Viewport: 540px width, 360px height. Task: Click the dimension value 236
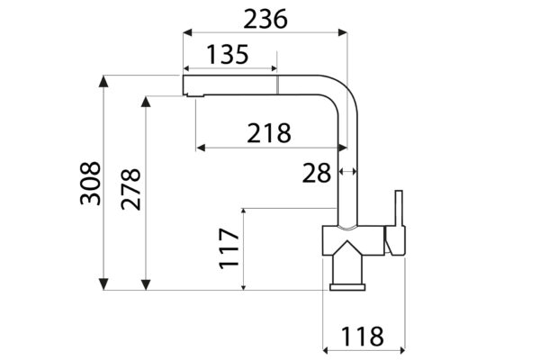[x=265, y=19]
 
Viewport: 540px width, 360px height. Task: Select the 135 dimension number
[x=228, y=54]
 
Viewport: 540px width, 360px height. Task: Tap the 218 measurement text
[x=269, y=133]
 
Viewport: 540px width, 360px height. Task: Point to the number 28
[x=317, y=173]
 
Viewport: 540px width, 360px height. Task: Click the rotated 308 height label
[x=90, y=184]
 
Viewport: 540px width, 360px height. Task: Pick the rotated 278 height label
[x=130, y=189]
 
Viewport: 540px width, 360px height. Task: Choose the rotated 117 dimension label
[x=229, y=248]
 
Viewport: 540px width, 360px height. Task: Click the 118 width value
[x=363, y=337]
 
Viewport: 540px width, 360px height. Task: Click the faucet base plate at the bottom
[x=347, y=287]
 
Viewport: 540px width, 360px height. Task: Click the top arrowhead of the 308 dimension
[x=103, y=81]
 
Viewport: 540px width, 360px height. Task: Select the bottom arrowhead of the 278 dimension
[x=146, y=284]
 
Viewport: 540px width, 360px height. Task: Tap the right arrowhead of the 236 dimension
[x=342, y=32]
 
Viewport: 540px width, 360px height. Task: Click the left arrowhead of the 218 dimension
[x=201, y=148]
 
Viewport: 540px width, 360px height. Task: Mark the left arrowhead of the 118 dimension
[x=328, y=350]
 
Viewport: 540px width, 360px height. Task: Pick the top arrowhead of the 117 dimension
[x=244, y=212]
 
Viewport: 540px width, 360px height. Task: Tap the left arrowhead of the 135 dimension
[x=188, y=68]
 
